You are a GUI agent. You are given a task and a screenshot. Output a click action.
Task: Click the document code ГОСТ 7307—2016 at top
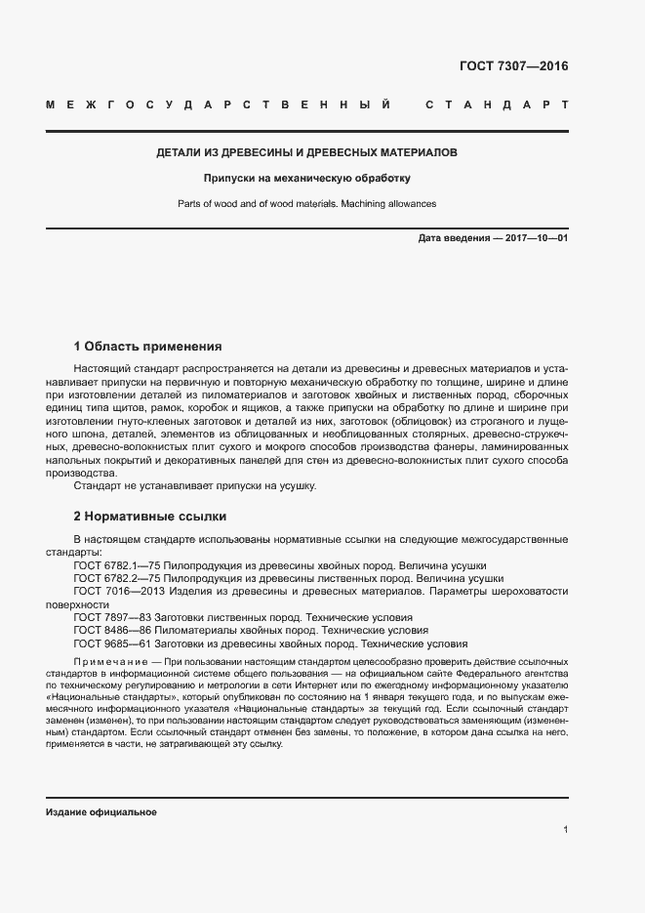[x=513, y=66]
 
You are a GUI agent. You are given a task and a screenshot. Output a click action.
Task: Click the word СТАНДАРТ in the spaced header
[x=497, y=104]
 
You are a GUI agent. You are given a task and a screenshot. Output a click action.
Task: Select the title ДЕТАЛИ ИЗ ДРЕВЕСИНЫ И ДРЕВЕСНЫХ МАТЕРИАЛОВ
[x=306, y=153]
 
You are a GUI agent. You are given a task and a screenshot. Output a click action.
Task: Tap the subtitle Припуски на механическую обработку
[x=306, y=179]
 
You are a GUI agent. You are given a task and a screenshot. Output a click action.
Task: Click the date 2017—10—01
[x=536, y=238]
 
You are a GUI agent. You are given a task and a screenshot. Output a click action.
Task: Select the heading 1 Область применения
[x=147, y=346]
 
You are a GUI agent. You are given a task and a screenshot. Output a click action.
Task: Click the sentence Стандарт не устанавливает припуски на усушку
[x=194, y=485]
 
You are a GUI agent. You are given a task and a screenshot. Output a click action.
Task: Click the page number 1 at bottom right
[x=565, y=830]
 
